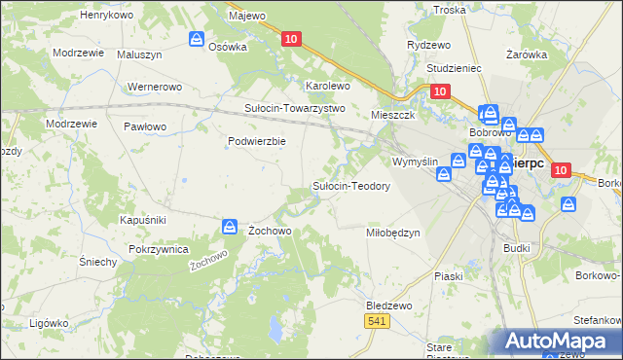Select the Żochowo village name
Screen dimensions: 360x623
coord(270,231)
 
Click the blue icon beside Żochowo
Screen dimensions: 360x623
coord(229,227)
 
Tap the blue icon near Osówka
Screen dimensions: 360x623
coord(196,40)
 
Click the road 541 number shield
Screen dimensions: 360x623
coord(377,320)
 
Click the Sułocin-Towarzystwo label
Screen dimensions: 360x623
coord(294,108)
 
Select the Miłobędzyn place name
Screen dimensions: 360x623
coord(392,233)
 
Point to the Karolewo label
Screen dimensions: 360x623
coord(328,86)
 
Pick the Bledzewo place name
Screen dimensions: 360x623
coord(389,305)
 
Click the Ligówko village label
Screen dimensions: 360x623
coord(48,322)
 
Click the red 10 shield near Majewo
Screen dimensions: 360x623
coord(291,39)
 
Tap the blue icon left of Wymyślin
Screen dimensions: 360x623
coord(444,175)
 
